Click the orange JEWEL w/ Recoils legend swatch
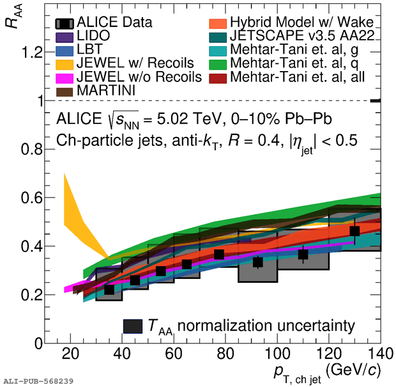65,65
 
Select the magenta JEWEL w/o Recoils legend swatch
65,78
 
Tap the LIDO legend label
93,36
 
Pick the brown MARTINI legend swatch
65,92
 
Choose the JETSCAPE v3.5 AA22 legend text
302,36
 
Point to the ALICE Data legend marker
65,24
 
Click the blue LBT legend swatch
65,51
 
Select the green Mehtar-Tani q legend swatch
218,65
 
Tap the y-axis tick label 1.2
32,53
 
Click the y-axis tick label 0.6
31,198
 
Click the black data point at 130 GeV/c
354,231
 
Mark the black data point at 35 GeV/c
109,289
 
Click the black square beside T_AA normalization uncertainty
133,326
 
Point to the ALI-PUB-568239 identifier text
38,381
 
